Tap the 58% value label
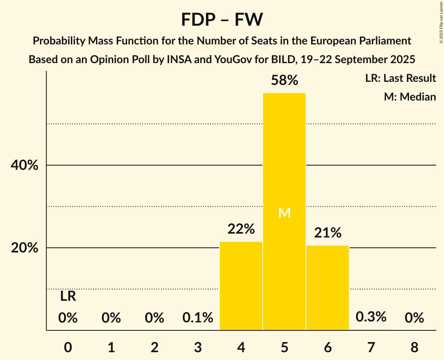285,81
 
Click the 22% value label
241,229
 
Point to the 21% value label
328,233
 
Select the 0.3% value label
371,317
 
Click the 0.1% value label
198,318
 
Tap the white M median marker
285,213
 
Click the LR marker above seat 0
68,296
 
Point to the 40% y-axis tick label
24,166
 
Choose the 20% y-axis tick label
24,248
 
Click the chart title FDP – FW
222,19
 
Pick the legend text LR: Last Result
400,78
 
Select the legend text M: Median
410,97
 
